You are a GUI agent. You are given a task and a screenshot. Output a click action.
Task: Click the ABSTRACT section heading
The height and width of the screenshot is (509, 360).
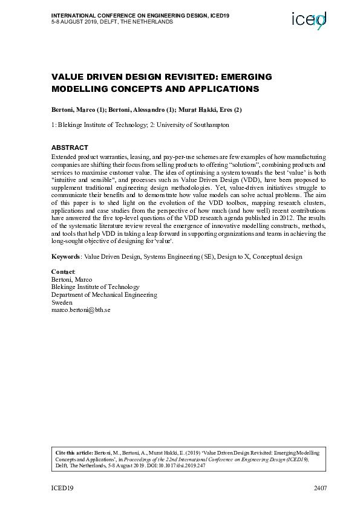pyautogui.click(x=70, y=148)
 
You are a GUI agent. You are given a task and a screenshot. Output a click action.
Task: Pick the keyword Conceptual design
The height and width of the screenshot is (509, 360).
pyautogui.click(x=277, y=257)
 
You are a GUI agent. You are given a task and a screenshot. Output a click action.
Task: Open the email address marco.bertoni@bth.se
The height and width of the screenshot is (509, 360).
pyautogui.click(x=80, y=310)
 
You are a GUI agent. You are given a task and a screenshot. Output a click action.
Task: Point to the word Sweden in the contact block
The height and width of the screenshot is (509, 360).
pyautogui.click(x=62, y=302)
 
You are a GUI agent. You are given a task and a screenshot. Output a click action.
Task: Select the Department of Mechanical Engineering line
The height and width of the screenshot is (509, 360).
pyautogui.click(x=104, y=295)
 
